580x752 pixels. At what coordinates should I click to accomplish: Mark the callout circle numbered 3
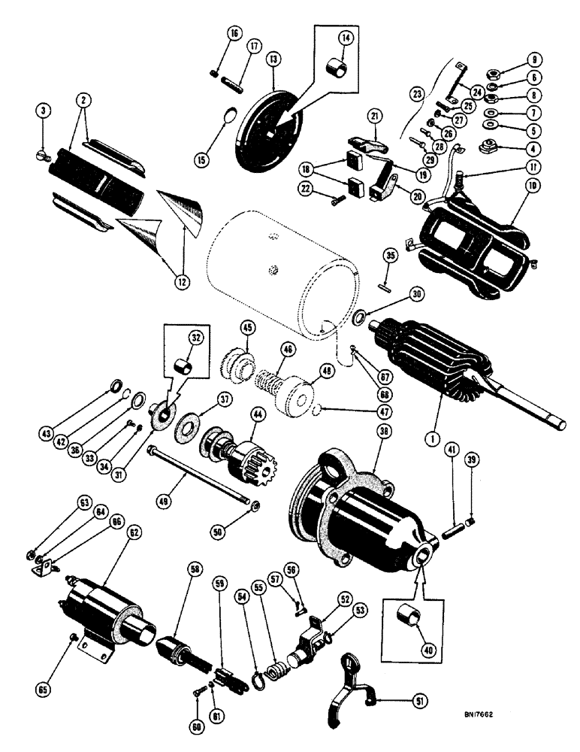coord(47,110)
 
